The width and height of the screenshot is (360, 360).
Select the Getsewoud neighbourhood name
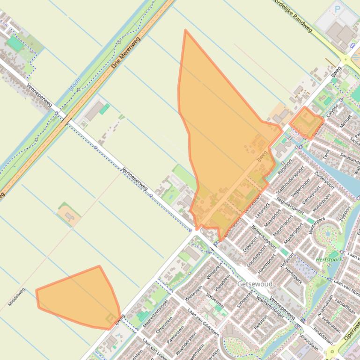point(255,284)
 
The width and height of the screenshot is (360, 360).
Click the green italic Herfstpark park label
point(329,259)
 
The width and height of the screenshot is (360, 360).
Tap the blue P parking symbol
point(337,8)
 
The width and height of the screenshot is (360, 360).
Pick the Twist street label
point(326,154)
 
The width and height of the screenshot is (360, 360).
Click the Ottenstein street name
point(164,324)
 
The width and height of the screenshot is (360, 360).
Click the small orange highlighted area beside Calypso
point(307,122)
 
